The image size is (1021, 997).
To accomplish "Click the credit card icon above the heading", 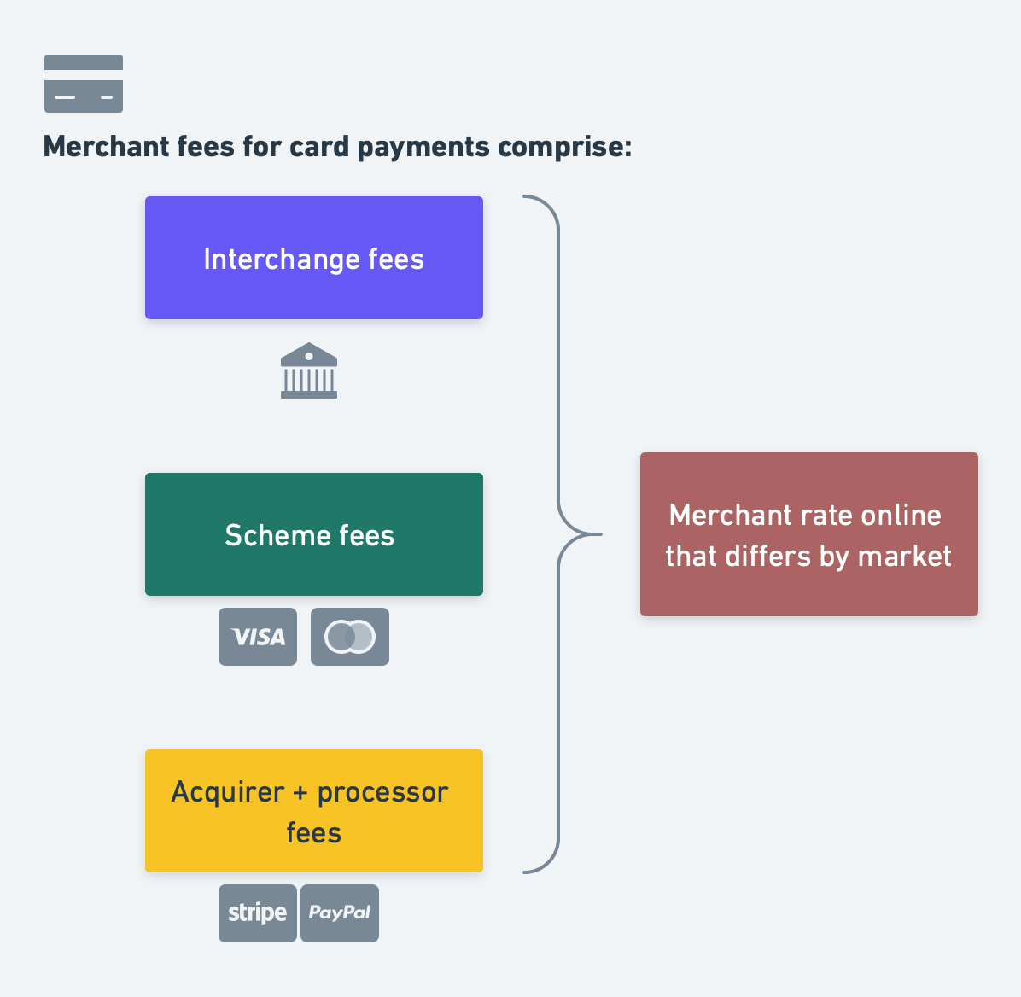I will [84, 84].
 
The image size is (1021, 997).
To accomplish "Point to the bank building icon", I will [309, 370].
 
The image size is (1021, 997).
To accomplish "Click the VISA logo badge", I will [258, 637].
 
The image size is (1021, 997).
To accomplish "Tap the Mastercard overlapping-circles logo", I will [350, 637].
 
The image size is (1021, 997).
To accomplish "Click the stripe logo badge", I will [258, 913].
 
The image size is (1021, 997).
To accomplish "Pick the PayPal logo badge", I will [340, 913].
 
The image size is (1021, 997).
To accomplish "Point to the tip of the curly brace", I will [600, 534].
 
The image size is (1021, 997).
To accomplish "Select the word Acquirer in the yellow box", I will [227, 792].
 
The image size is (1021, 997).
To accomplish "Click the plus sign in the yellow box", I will [300, 793].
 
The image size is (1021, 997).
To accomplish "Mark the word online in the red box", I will [901, 516].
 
